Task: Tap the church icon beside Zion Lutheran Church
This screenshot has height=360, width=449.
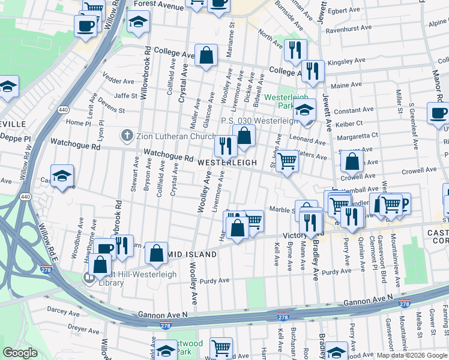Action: (x=126, y=135)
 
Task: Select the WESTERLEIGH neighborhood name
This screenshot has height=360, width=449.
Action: (x=227, y=163)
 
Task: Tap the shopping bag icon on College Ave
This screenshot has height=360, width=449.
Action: (x=206, y=56)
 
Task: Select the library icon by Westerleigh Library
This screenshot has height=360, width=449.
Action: (x=88, y=277)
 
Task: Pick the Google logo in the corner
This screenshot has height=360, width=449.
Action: (x=21, y=353)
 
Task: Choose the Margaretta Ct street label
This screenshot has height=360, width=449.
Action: (x=357, y=136)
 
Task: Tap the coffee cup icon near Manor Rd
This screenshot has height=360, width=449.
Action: (x=437, y=112)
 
